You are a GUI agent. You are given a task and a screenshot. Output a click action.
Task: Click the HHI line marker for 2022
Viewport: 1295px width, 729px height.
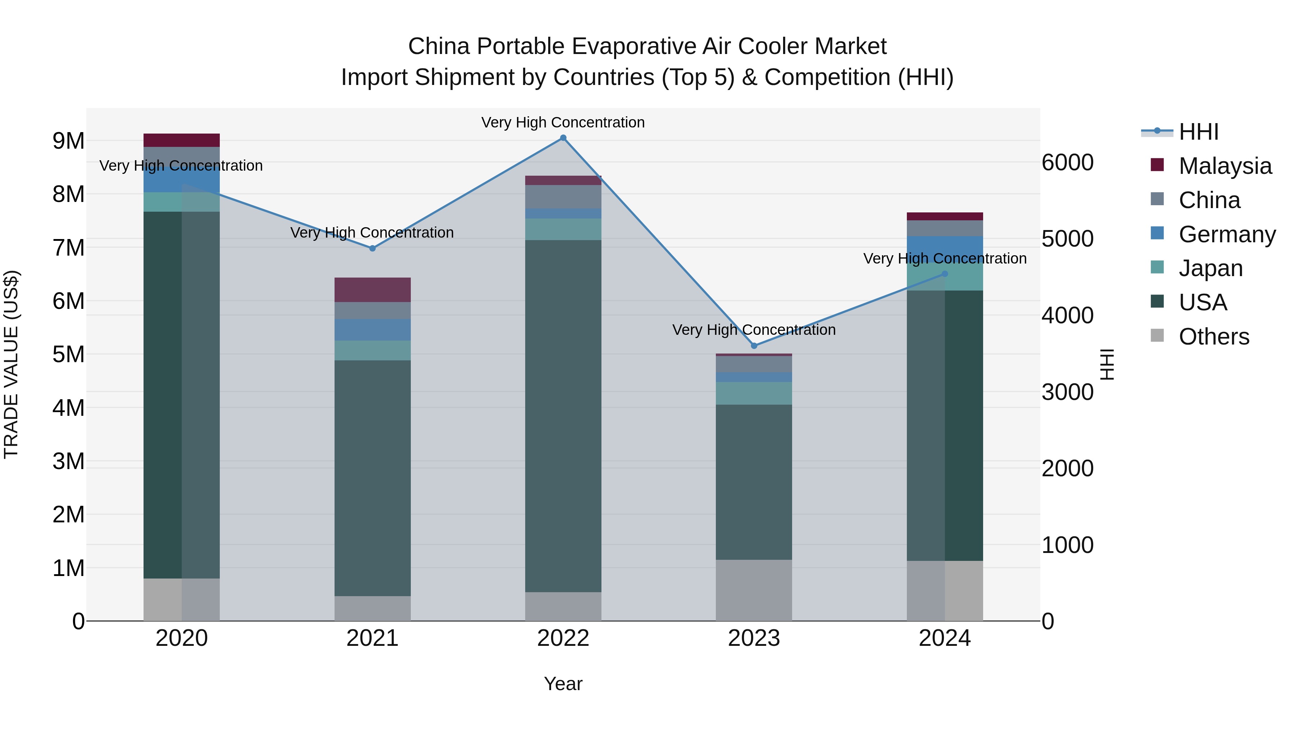click(563, 138)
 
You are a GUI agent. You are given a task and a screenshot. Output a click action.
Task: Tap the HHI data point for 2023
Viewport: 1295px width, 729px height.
click(754, 346)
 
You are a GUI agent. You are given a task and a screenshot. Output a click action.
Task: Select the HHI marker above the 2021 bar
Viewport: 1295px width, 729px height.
click(373, 248)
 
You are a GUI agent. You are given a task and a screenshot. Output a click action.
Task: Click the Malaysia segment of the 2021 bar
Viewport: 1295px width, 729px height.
click(373, 290)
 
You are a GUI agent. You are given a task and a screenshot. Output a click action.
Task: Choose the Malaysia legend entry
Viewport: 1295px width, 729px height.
click(1224, 166)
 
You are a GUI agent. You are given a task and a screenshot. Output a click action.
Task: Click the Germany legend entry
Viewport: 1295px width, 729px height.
click(1227, 234)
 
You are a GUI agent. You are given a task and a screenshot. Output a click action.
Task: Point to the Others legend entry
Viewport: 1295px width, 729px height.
click(1214, 337)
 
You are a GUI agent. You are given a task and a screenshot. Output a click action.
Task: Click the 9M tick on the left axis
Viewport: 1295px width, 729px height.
click(68, 141)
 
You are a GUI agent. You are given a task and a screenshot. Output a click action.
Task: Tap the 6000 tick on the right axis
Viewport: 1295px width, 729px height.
click(1067, 162)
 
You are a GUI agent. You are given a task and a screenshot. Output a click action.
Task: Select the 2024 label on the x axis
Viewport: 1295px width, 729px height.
click(945, 638)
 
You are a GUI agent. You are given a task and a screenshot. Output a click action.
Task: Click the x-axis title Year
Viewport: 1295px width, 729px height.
click(563, 684)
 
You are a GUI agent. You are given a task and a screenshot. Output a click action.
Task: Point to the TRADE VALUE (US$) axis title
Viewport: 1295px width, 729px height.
click(11, 364)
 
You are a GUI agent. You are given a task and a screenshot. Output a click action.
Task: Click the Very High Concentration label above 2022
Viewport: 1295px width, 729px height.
click(563, 122)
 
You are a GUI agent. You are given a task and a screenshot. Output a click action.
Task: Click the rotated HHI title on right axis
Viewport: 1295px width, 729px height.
click(1107, 364)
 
